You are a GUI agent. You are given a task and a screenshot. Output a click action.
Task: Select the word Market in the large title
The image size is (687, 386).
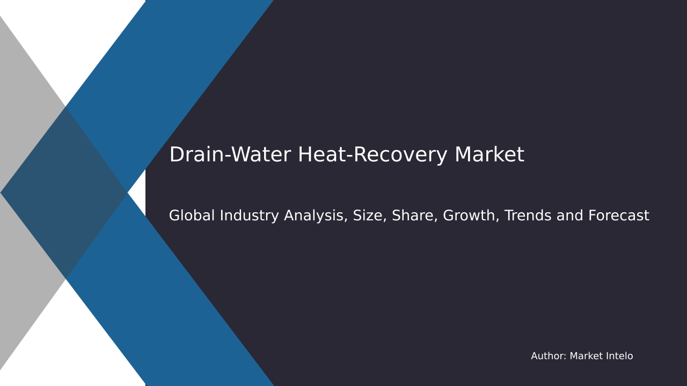click(489, 155)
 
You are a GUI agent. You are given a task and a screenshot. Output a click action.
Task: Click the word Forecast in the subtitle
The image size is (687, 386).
click(618, 216)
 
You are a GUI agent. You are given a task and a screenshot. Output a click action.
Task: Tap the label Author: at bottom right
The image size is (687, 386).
click(548, 357)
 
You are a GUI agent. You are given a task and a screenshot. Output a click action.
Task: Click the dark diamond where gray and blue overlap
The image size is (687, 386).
click(64, 193)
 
